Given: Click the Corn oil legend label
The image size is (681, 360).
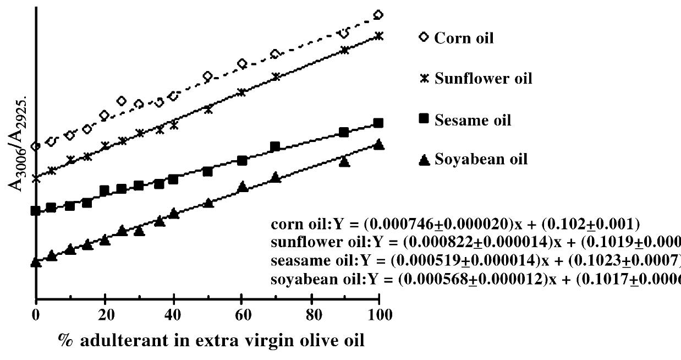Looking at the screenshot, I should click(463, 39).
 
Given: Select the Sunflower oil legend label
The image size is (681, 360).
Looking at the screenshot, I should click(483, 79).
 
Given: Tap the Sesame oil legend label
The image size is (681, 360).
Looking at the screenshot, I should click(473, 120).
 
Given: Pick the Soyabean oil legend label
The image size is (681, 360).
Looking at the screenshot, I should click(481, 160).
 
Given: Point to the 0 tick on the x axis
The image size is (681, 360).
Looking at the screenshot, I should click(36, 316).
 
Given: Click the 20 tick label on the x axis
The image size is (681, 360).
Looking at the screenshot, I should click(105, 316).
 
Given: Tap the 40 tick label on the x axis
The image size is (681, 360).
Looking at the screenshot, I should click(173, 316).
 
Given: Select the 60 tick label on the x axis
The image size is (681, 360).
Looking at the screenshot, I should click(242, 316).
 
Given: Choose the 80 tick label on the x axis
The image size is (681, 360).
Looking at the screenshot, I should click(311, 316).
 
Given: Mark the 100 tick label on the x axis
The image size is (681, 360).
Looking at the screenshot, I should click(379, 316).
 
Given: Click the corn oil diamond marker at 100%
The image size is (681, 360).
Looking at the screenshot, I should click(378, 15).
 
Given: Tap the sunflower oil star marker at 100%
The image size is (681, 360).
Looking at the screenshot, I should click(378, 36).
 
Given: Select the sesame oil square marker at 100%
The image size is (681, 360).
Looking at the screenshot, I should click(378, 123).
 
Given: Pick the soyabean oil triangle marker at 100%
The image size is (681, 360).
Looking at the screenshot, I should click(378, 144).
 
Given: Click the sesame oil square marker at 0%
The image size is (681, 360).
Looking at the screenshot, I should click(36, 211).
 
